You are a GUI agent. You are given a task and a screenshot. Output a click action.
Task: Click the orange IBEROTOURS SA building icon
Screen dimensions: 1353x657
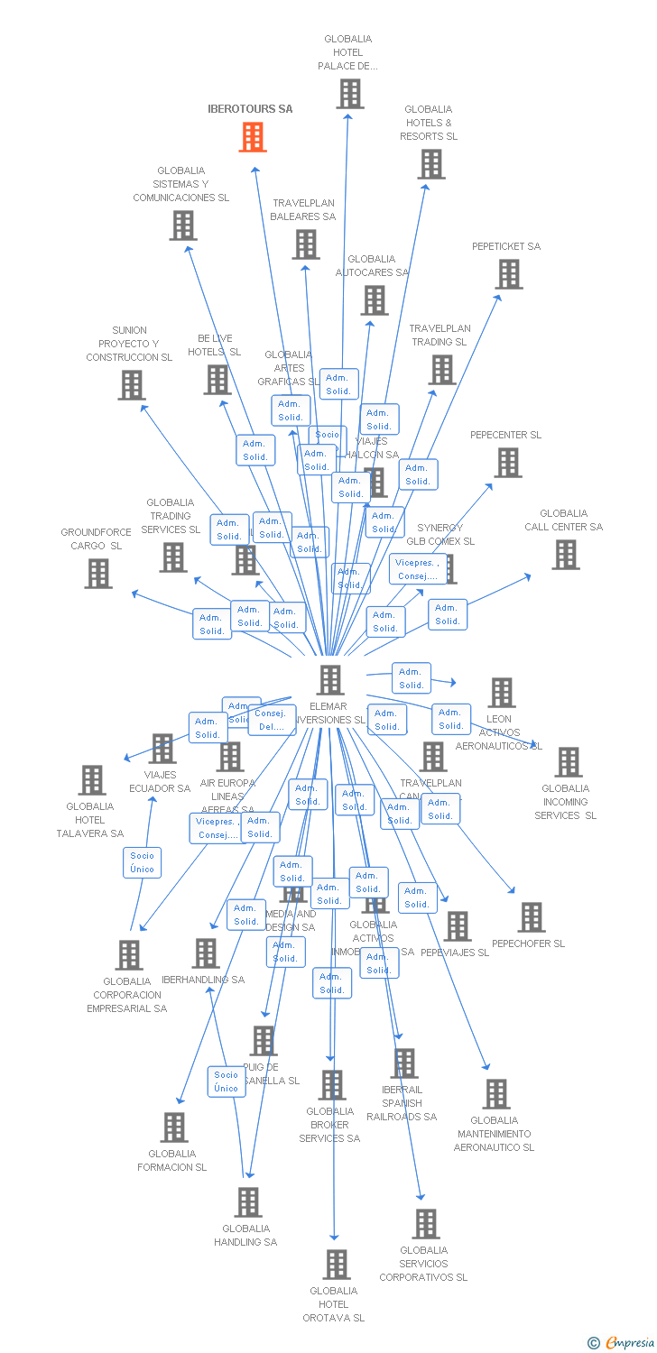click(253, 137)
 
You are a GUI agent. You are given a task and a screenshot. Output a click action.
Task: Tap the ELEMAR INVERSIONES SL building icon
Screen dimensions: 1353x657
click(330, 680)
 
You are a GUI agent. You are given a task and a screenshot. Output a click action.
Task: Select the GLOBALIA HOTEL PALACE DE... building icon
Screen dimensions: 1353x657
click(350, 93)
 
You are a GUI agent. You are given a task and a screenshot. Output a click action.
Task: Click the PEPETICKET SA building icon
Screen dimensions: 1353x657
click(509, 274)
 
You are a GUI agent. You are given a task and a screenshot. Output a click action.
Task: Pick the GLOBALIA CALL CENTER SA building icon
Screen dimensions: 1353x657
click(566, 555)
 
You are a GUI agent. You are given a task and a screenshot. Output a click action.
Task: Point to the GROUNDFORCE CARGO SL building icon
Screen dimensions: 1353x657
click(98, 574)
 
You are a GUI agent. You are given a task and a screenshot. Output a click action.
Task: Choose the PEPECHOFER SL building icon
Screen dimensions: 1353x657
click(532, 917)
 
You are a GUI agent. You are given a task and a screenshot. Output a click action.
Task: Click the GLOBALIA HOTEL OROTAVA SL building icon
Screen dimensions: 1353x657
click(337, 1265)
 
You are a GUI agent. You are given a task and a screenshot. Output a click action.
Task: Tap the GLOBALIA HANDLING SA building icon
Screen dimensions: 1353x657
click(248, 1202)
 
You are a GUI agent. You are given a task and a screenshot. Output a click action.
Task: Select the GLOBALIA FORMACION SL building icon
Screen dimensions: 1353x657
click(174, 1127)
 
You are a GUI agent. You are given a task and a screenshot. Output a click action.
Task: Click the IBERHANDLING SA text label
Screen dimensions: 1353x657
click(203, 980)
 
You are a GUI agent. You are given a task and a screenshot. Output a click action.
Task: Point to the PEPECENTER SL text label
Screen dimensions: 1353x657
click(505, 435)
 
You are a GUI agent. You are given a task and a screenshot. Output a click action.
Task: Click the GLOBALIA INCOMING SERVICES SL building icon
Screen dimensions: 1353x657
click(568, 762)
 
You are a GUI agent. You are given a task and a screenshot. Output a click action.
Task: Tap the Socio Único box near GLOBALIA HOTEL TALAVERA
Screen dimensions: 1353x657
click(142, 862)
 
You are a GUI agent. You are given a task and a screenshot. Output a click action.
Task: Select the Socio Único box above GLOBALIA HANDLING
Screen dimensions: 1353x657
click(226, 1081)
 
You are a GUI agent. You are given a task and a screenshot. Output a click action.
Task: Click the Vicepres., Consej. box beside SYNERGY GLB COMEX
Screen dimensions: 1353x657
click(416, 569)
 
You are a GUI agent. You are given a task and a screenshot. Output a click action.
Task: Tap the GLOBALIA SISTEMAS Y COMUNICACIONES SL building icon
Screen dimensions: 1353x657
click(183, 225)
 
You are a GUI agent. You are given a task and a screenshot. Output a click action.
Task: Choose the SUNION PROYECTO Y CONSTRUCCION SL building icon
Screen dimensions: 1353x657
click(132, 385)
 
